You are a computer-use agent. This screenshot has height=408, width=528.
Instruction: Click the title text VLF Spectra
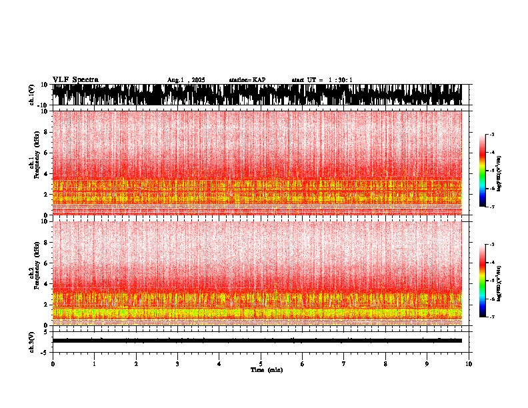(x=75, y=80)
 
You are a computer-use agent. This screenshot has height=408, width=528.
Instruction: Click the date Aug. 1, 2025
(x=186, y=80)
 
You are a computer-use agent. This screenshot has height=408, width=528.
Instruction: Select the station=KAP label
(x=247, y=80)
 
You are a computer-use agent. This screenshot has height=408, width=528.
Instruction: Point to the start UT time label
(x=322, y=80)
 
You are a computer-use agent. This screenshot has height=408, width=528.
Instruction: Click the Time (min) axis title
(x=267, y=369)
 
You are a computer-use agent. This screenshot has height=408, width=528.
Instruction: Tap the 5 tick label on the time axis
(x=261, y=363)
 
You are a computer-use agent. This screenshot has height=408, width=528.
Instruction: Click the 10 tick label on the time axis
(x=469, y=363)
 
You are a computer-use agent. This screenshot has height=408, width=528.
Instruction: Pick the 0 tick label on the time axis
(x=53, y=363)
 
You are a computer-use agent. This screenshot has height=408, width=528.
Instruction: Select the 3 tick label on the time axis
(x=177, y=363)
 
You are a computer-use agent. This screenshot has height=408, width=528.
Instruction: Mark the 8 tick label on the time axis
(x=385, y=363)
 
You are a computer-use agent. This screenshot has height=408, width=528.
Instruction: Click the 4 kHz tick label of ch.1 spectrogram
(x=46, y=173)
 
